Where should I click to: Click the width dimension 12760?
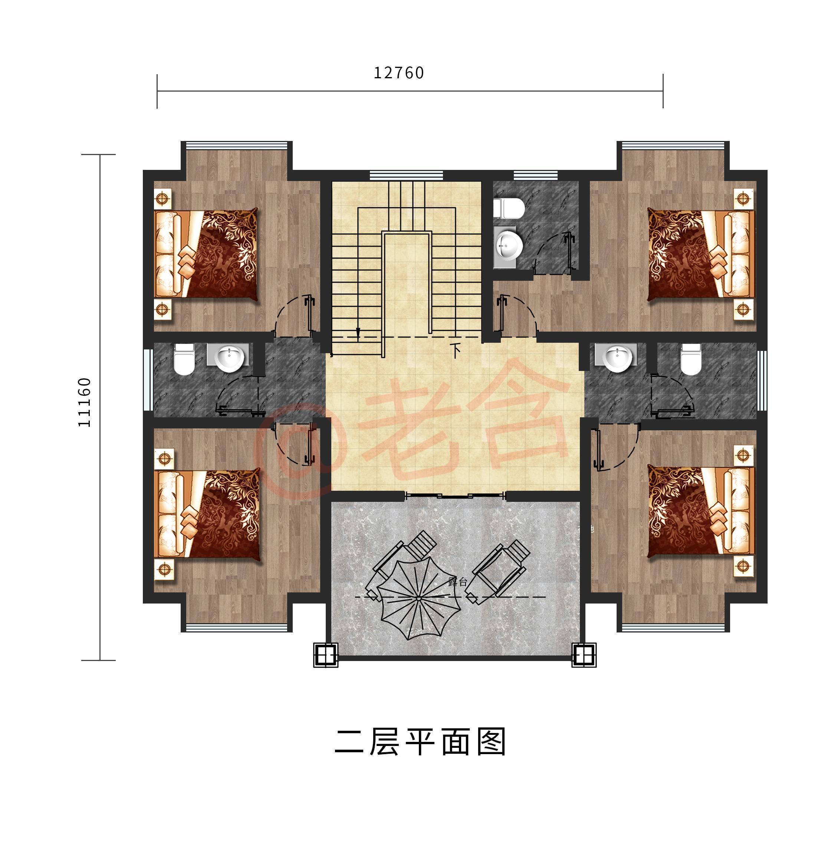399,73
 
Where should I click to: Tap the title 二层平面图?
420,741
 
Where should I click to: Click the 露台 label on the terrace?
457,582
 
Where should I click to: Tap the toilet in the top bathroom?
509,209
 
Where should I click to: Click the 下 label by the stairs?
456,349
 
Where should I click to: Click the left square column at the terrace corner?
326,655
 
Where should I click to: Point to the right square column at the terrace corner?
584,655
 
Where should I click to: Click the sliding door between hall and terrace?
456,496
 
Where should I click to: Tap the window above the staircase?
406,175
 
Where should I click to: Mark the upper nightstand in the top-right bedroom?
743,198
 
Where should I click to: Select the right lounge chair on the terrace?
499,572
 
